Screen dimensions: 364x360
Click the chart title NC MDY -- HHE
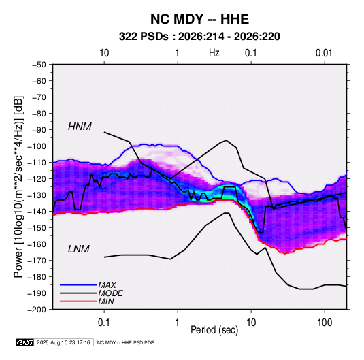coord(199,19)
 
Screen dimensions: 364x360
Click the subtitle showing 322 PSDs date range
coord(199,37)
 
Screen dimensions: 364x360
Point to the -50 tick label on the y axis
coord(39,65)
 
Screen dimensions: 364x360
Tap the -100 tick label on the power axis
coord(37,146)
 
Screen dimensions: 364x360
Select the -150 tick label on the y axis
coord(37,228)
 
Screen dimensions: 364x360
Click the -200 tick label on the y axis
coord(37,310)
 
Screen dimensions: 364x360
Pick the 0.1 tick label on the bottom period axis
coord(104,323)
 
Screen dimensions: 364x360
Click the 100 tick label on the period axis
coord(325,323)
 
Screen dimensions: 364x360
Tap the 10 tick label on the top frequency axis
coord(104,53)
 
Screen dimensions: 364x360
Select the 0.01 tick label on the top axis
coord(324,53)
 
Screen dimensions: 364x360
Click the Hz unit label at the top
coord(214,53)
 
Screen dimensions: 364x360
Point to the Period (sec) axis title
coord(214,330)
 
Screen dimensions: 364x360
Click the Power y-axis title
coord(18,186)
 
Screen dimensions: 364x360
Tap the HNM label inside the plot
coord(80,127)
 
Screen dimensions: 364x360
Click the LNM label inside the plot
coord(79,249)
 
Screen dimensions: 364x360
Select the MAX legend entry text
coord(107,284)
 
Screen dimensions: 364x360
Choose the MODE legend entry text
coord(110,293)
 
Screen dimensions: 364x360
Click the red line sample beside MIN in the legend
coord(78,301)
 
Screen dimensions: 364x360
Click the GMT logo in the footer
coord(25,342)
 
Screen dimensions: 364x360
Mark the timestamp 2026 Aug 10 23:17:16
coord(63,342)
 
